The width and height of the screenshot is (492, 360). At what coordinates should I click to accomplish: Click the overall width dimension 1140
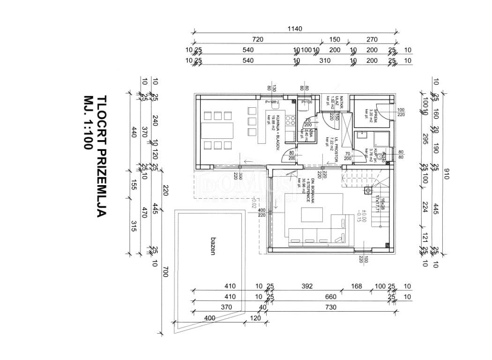pyautogui.click(x=295, y=29)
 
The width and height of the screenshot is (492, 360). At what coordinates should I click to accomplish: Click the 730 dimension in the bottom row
pyautogui.click(x=331, y=307)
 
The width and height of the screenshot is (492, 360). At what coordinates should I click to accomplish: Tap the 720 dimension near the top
pyautogui.click(x=258, y=39)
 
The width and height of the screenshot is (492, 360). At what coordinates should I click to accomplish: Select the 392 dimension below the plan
pyautogui.click(x=307, y=286)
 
